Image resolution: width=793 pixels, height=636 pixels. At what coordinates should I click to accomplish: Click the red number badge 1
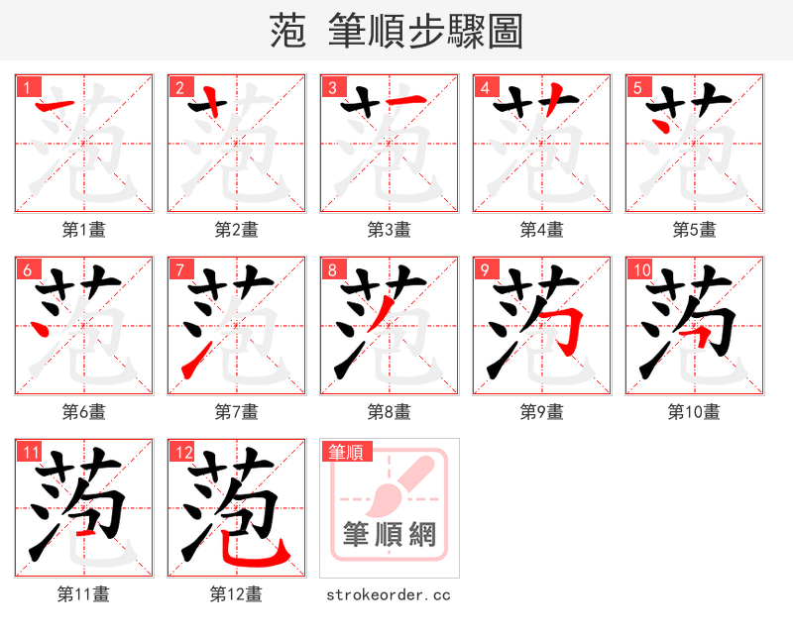[x=25, y=86]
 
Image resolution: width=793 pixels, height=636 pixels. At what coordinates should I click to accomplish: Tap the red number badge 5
[x=635, y=86]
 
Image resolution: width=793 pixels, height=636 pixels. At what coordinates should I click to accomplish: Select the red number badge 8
[x=330, y=268]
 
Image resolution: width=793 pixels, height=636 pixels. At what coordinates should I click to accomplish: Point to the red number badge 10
[x=639, y=268]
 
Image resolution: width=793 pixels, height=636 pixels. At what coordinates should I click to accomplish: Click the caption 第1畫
[x=83, y=230]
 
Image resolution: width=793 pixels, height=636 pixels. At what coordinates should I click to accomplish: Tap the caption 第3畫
[x=389, y=230]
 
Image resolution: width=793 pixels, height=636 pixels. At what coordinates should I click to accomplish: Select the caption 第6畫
[x=83, y=411]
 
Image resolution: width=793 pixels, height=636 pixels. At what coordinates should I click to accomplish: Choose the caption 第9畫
[x=541, y=411]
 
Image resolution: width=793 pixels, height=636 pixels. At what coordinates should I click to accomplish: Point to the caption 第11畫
[x=83, y=594]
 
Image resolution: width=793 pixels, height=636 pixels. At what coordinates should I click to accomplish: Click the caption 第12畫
[x=236, y=594]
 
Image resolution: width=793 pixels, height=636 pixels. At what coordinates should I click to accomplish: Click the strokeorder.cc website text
[x=389, y=594]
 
